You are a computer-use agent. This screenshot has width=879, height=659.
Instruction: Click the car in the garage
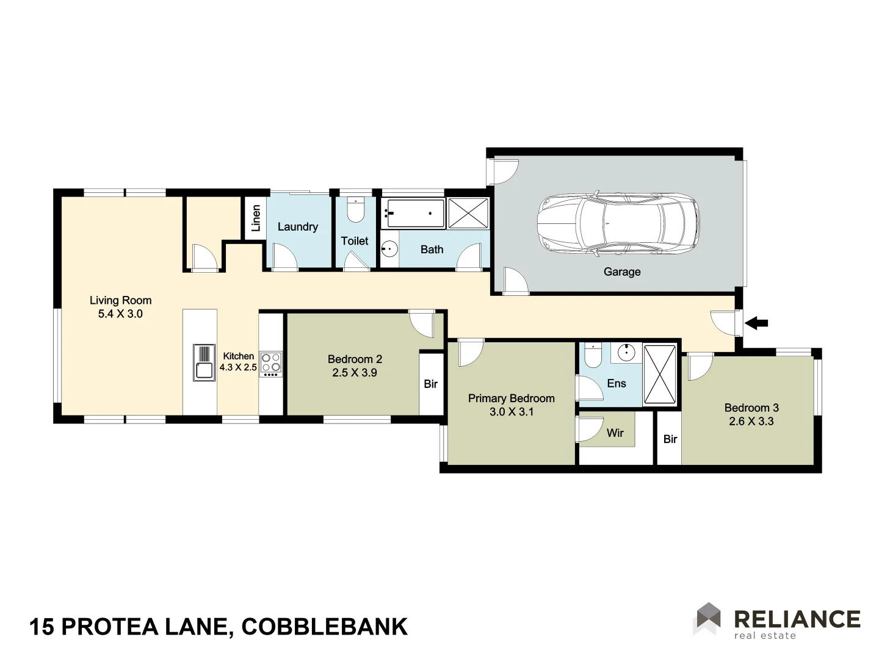pyautogui.click(x=618, y=223)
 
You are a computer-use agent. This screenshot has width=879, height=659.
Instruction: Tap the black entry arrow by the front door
pyautogui.click(x=757, y=323)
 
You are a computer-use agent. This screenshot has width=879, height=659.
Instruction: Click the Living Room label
pyautogui.click(x=120, y=300)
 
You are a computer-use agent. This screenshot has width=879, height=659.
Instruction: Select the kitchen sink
pyautogui.click(x=204, y=362)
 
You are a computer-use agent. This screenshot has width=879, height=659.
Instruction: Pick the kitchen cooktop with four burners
pyautogui.click(x=271, y=362)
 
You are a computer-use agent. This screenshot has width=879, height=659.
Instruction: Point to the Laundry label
pyautogui.click(x=298, y=227)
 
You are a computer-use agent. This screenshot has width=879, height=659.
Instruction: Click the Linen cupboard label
pyautogui.click(x=256, y=218)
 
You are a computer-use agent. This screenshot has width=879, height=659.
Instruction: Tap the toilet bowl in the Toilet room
pyautogui.click(x=355, y=211)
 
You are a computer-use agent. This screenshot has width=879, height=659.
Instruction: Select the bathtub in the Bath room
pyautogui.click(x=413, y=213)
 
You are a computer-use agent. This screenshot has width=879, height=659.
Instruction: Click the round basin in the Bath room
pyautogui.click(x=389, y=249)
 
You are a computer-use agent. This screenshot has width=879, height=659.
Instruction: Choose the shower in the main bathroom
pyautogui.click(x=468, y=213)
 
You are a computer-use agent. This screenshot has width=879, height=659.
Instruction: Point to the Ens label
pyautogui.click(x=617, y=383)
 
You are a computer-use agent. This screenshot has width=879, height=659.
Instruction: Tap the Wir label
pyautogui.click(x=615, y=433)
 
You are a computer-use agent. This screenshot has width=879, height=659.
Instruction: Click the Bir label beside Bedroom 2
pyautogui.click(x=430, y=384)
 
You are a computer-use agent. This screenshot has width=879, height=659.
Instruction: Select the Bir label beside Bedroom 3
pyautogui.click(x=670, y=439)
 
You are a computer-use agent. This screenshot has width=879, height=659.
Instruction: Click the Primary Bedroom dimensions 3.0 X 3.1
pyautogui.click(x=512, y=412)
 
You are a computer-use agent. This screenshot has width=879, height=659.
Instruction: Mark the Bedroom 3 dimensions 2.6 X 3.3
pyautogui.click(x=751, y=421)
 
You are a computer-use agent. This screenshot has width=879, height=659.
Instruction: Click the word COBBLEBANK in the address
pyautogui.click(x=325, y=627)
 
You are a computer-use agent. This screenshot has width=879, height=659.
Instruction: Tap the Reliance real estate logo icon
pyautogui.click(x=708, y=618)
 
